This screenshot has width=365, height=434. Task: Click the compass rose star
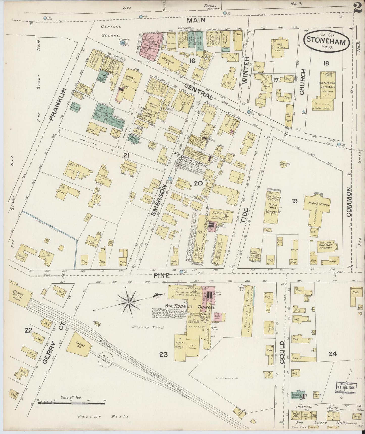point(129,302)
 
